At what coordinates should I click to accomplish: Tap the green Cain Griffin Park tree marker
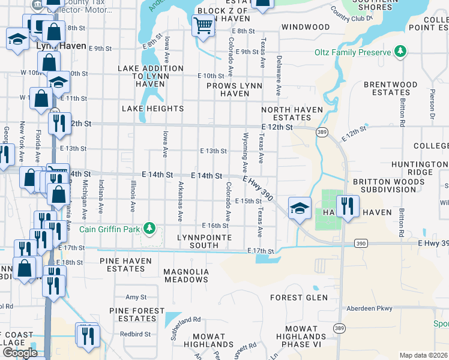coord(151,228)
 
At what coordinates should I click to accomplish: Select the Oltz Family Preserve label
coord(352,52)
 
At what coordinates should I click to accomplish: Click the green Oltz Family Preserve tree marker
coord(400,52)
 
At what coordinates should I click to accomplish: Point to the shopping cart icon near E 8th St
coord(203,26)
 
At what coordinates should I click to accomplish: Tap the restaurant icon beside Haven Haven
coord(348,206)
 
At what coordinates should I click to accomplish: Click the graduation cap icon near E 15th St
coord(300,208)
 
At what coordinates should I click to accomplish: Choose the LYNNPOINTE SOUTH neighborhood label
coord(197,241)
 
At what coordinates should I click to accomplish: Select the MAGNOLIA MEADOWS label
coord(186,275)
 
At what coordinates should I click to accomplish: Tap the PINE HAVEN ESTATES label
coord(115,265)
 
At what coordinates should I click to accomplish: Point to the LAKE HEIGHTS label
coord(152,109)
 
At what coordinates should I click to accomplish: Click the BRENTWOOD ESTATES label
coord(390,89)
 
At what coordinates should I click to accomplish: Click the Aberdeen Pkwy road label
coord(369,309)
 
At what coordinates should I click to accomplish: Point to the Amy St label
coord(136,297)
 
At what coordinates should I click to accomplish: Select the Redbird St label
coord(134,334)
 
